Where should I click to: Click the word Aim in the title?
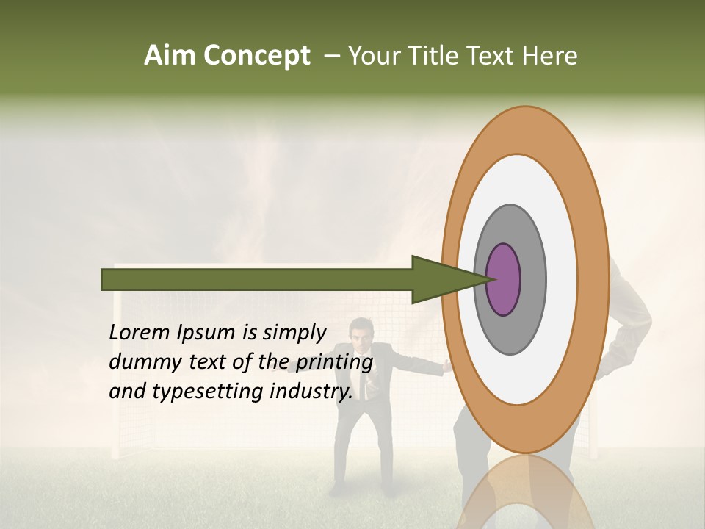point(170,56)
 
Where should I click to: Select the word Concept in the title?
point(257,56)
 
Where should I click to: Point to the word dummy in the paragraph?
point(140,362)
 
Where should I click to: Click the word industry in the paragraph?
point(310,392)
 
